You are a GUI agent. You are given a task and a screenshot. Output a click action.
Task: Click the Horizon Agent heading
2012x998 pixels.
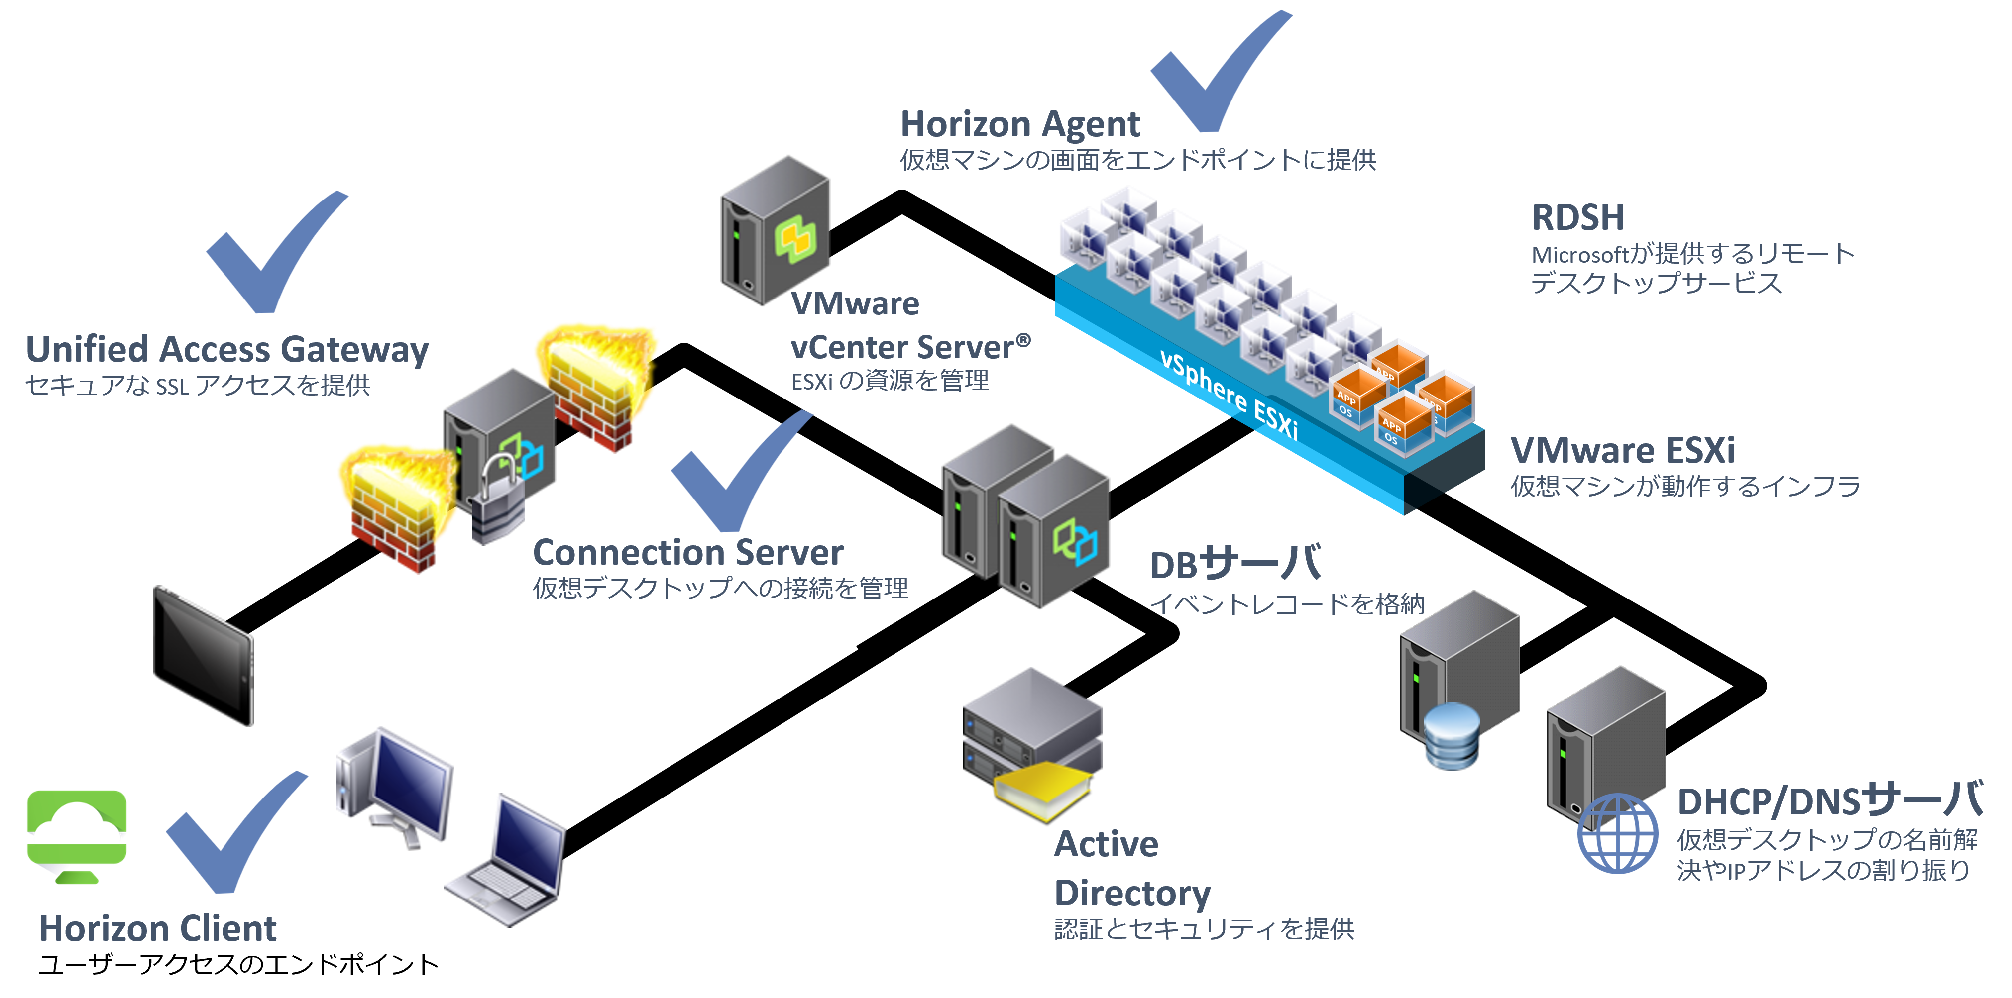(x=1020, y=125)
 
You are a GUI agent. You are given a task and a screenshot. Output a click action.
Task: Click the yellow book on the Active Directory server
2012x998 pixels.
(x=1043, y=789)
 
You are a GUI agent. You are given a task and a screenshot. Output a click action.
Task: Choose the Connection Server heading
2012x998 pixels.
(x=687, y=553)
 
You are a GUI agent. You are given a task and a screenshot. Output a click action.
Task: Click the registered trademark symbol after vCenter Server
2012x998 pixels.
(x=1023, y=340)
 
